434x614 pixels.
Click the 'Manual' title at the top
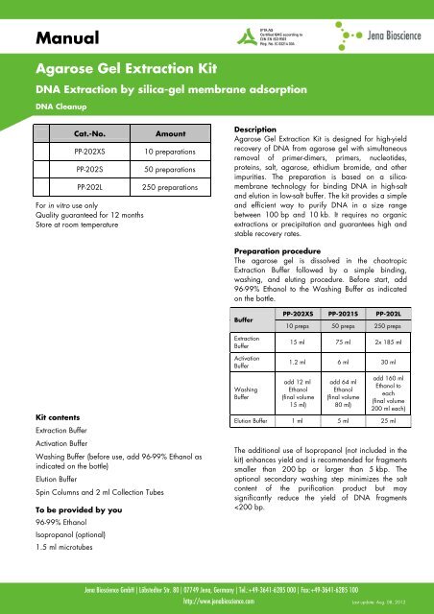click(57, 39)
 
